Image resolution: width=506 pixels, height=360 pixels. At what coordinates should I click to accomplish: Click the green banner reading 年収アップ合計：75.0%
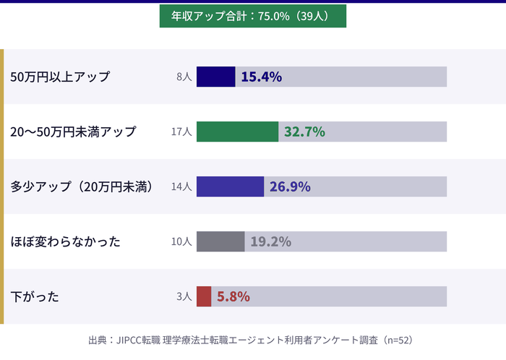252,15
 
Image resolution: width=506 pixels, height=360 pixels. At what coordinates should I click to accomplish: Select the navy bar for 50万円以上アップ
215,77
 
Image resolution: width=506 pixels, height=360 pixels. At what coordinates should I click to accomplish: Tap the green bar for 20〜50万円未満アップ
237,132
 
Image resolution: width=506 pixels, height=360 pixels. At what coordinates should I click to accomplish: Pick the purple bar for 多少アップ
230,187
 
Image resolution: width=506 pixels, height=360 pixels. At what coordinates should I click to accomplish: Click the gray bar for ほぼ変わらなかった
220,241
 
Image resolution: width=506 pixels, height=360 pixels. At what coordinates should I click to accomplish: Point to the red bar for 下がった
204,296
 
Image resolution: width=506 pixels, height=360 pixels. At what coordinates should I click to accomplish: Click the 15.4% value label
261,77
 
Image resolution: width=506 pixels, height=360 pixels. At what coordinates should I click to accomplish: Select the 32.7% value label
304,132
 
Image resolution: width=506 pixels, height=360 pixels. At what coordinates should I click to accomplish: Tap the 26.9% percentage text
290,187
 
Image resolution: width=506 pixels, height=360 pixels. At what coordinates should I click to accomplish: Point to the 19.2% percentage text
271,241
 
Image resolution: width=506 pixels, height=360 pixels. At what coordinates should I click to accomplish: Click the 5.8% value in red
233,296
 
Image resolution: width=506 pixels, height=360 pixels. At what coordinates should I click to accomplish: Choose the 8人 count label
184,77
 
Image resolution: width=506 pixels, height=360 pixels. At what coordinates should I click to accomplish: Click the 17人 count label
181,132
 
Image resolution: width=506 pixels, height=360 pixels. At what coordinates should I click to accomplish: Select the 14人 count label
181,187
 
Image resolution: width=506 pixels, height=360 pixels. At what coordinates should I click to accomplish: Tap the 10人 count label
181,241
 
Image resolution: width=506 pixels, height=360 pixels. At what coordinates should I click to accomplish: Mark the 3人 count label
184,296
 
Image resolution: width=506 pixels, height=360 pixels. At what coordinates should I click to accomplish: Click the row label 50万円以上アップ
60,77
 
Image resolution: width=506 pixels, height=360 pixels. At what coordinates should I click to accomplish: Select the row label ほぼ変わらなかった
65,241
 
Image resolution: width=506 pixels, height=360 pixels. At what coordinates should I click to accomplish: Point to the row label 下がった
35,296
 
